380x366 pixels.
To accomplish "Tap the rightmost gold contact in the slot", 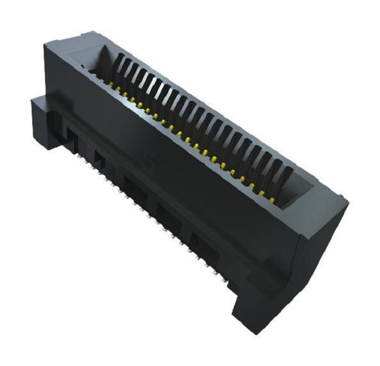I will click(263, 193).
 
